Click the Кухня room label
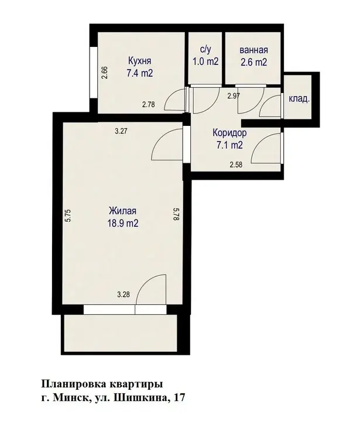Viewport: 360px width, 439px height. [140, 61]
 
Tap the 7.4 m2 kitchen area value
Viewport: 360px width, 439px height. [140, 73]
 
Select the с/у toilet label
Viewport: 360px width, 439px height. [205, 50]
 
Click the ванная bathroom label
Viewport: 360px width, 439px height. [253, 50]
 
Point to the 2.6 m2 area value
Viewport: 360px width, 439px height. [253, 62]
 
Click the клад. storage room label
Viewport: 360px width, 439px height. [299, 98]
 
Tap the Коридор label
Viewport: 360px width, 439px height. [229, 132]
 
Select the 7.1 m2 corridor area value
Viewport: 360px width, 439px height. [229, 145]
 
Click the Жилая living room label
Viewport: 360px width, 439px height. [122, 211]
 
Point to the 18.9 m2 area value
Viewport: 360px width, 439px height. [122, 223]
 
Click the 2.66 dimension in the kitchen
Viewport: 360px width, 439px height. [105, 73]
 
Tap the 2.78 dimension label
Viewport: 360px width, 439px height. [148, 105]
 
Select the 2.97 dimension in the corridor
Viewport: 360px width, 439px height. [233, 96]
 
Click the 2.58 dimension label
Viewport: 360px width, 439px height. [236, 164]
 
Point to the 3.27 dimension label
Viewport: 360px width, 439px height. [121, 131]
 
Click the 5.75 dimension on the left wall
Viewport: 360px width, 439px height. [68, 216]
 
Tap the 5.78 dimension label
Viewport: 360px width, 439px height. [176, 214]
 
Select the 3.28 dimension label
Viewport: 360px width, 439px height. [124, 294]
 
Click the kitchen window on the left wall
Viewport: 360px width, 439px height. [93, 72]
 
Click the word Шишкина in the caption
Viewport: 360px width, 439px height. [141, 397]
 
